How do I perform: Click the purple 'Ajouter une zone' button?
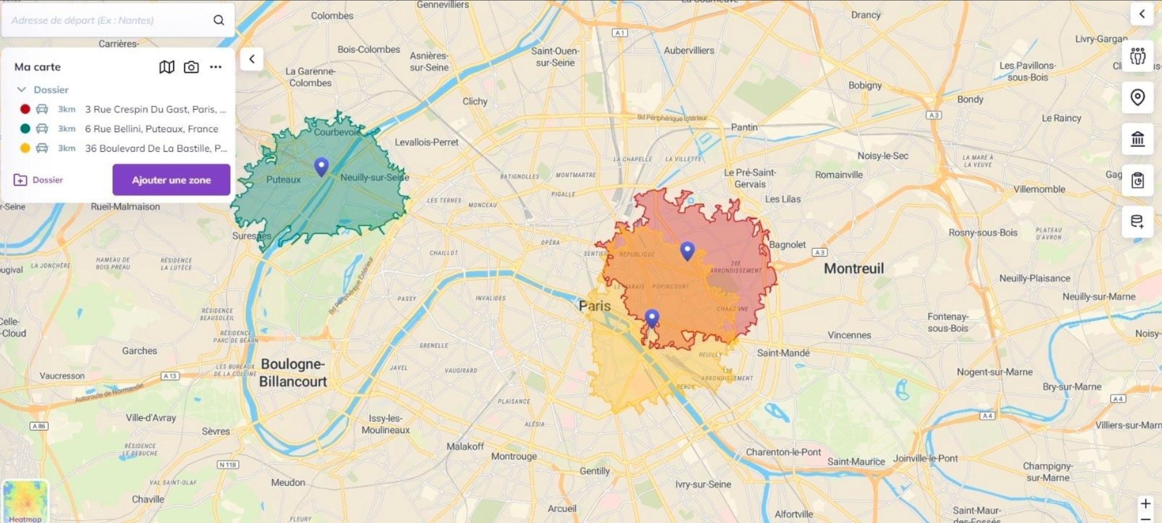pyautogui.click(x=171, y=180)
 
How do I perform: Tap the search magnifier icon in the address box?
pyautogui.click(x=219, y=20)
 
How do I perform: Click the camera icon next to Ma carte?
pyautogui.click(x=191, y=67)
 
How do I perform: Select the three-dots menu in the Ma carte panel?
pyautogui.click(x=215, y=67)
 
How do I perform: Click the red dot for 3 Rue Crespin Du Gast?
pyautogui.click(x=25, y=109)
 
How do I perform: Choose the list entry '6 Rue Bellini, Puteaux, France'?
pyautogui.click(x=151, y=129)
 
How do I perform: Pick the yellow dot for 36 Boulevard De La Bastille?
pyautogui.click(x=25, y=148)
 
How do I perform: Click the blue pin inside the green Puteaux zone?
pyautogui.click(x=321, y=166)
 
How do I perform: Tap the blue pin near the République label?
pyautogui.click(x=687, y=250)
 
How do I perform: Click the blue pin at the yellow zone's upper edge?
pyautogui.click(x=652, y=318)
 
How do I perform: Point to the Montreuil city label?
pyautogui.click(x=853, y=268)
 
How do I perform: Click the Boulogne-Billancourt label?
pyautogui.click(x=293, y=373)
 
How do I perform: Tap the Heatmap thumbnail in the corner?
pyautogui.click(x=25, y=501)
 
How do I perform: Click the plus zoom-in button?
pyautogui.click(x=1145, y=504)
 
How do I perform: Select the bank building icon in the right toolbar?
pyautogui.click(x=1137, y=139)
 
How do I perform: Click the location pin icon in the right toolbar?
pyautogui.click(x=1137, y=98)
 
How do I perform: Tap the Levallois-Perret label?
pyautogui.click(x=426, y=142)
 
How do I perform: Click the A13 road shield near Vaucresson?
pyautogui.click(x=170, y=376)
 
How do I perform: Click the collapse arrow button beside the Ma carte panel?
pyautogui.click(x=252, y=59)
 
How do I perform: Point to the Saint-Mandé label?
pyautogui.click(x=783, y=353)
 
